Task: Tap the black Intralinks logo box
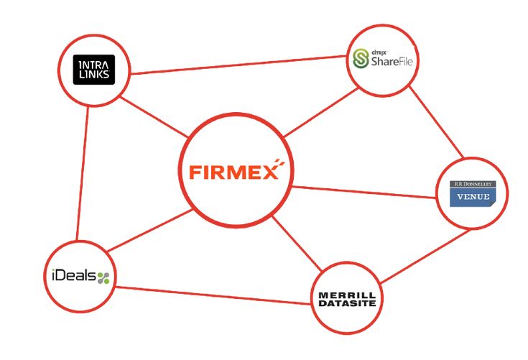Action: [94, 70]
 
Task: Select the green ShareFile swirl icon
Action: [361, 59]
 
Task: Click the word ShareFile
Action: [392, 61]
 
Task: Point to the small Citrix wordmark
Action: [379, 52]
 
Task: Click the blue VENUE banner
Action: [473, 197]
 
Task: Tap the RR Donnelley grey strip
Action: [473, 184]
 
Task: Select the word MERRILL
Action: [347, 295]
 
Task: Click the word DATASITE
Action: [347, 303]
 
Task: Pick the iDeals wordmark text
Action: [74, 276]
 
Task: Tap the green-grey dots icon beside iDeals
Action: [103, 278]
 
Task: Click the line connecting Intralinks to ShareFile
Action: [238, 65]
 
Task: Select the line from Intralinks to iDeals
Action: [83, 173]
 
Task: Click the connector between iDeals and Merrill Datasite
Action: [212, 295]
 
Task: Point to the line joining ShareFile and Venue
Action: [436, 122]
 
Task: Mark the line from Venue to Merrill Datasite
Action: [425, 256]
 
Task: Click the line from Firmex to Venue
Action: [364, 192]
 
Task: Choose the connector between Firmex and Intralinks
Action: [154, 117]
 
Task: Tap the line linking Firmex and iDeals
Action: [150, 231]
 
